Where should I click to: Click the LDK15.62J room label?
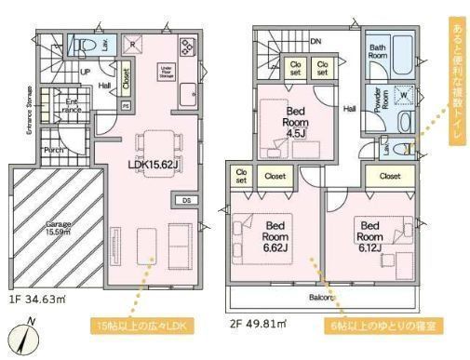click(x=154, y=164)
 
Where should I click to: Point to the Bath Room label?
click(x=378, y=52)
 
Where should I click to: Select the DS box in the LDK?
click(x=186, y=201)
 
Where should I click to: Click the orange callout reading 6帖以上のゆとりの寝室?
click(x=376, y=326)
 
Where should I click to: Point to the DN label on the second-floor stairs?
click(x=316, y=41)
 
